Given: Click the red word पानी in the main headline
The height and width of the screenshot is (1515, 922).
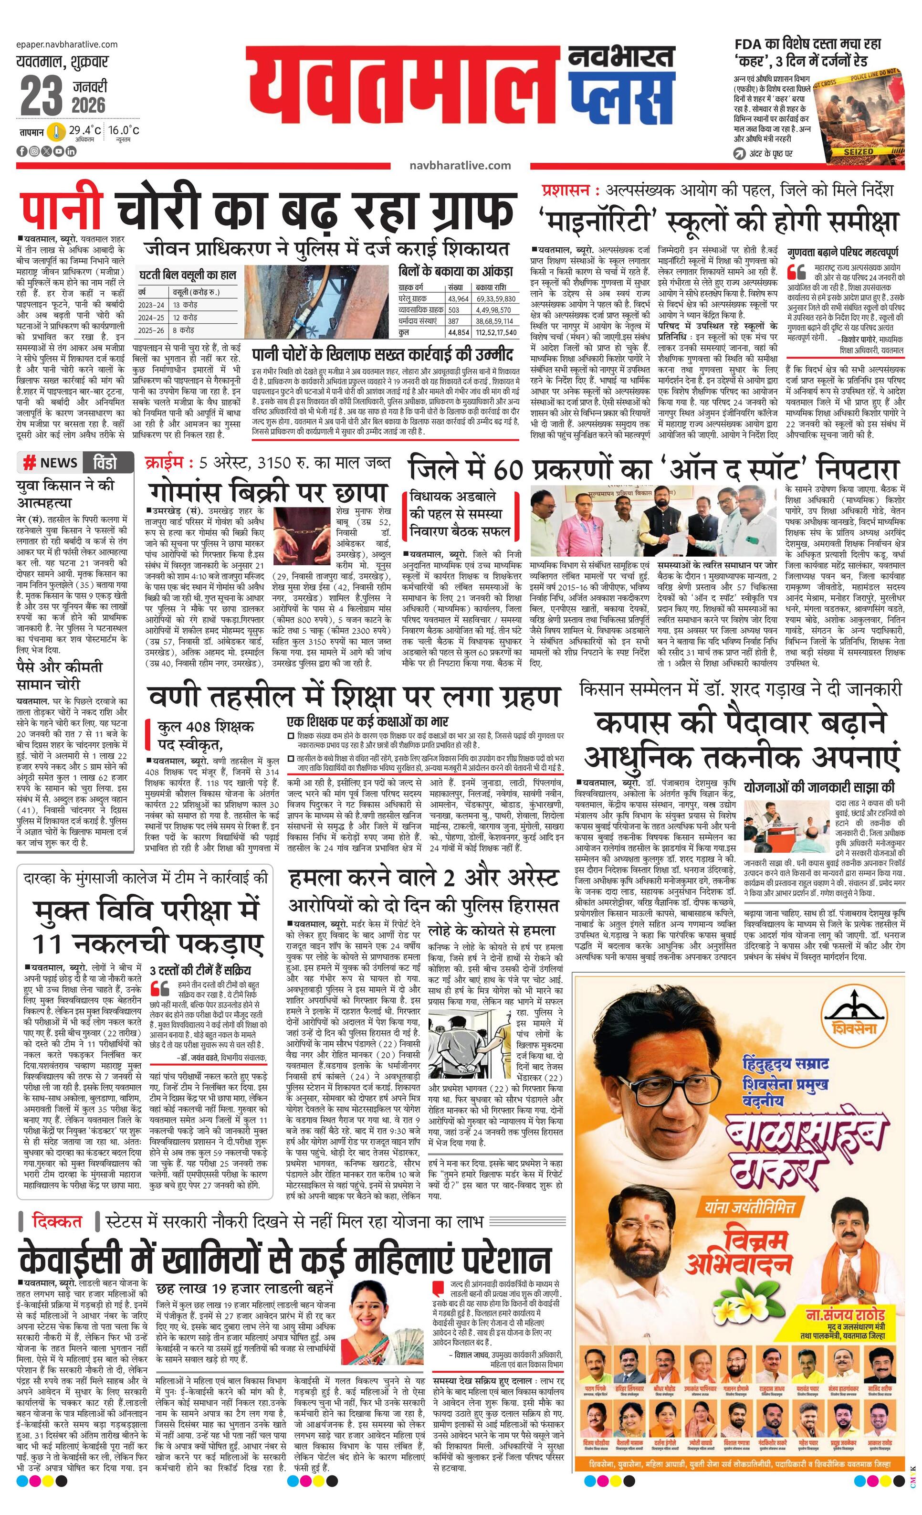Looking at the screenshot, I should pos(60,209).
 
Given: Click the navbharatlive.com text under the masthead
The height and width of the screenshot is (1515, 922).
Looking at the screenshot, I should pos(460,165).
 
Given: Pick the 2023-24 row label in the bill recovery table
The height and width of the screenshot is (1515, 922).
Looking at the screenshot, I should pos(151,305).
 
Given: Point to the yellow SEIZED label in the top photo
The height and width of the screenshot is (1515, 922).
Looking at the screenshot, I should pos(858,151).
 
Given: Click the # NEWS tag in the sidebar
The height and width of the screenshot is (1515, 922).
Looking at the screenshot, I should pos(51,462).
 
